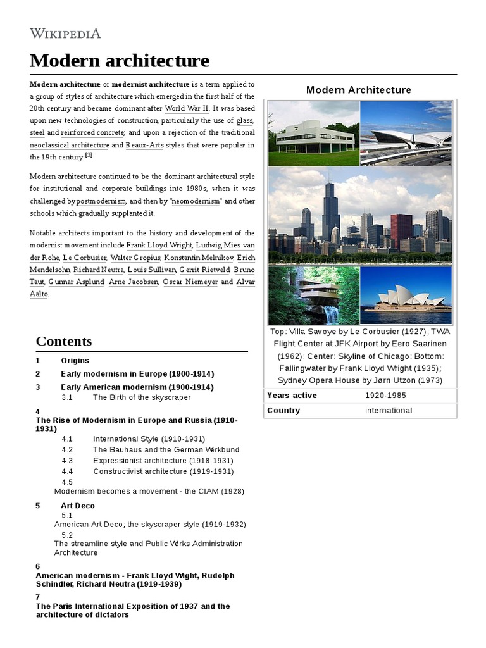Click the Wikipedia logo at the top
pyautogui.click(x=65, y=34)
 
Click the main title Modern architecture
pyautogui.click(x=119, y=61)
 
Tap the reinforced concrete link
pyautogui.click(x=93, y=133)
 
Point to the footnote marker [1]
pyautogui.click(x=89, y=156)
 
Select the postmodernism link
pyautogui.click(x=101, y=201)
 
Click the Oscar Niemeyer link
pyautogui.click(x=190, y=282)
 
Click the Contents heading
pyautogui.click(x=64, y=341)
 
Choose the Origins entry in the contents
pyautogui.click(x=75, y=360)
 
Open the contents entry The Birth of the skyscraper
pyautogui.click(x=142, y=397)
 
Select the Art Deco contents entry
pyautogui.click(x=78, y=506)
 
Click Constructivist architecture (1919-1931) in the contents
pyautogui.click(x=163, y=471)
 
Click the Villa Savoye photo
pyautogui.click(x=313, y=134)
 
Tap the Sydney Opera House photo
pyautogui.click(x=406, y=296)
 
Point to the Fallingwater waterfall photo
pyautogui.click(x=313, y=296)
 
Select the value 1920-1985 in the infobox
pyautogui.click(x=386, y=396)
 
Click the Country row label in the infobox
pyautogui.click(x=283, y=411)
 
